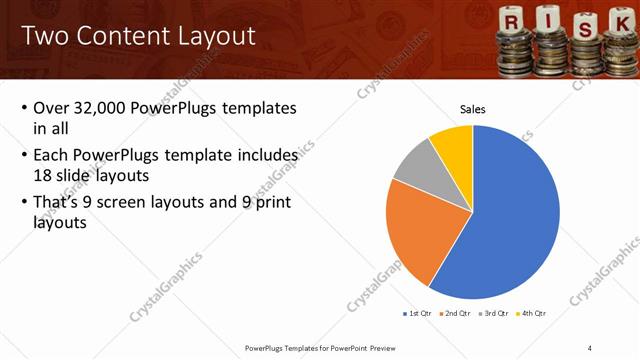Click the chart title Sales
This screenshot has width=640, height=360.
pyautogui.click(x=472, y=109)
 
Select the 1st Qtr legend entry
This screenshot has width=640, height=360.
pyautogui.click(x=417, y=313)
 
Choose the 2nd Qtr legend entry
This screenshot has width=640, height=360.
pyautogui.click(x=458, y=313)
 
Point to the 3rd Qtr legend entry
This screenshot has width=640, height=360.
pyautogui.click(x=495, y=313)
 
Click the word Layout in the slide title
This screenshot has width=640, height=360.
pyautogui.click(x=211, y=36)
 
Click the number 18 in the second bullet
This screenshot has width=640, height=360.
pyautogui.click(x=43, y=174)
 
